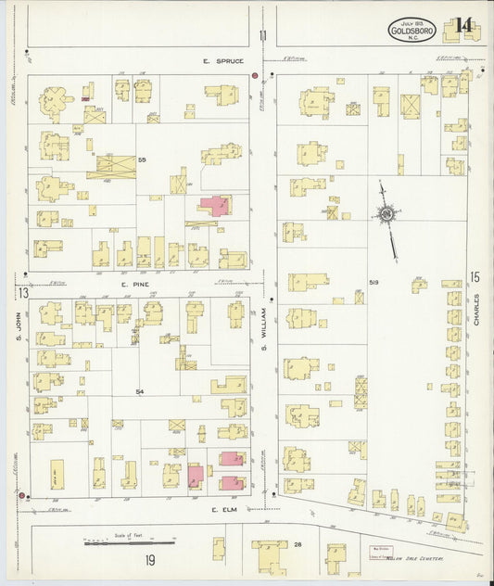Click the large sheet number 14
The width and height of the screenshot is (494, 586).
click(463, 24)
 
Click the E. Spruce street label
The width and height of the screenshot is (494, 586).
click(223, 61)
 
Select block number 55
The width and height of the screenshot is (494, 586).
click(143, 160)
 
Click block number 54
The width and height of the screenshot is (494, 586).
click(140, 392)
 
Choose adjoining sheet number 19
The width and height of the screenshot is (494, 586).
click(149, 560)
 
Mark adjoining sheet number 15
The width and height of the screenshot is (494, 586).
click(475, 276)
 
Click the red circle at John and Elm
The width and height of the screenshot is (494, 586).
click(21, 496)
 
